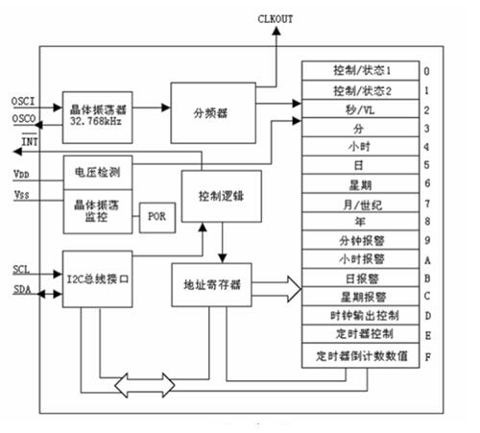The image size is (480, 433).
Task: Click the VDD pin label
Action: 20,174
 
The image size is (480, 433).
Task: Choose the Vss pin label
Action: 20,195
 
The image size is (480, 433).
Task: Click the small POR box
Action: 157,216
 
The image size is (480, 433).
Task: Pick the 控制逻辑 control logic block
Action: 219,193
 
